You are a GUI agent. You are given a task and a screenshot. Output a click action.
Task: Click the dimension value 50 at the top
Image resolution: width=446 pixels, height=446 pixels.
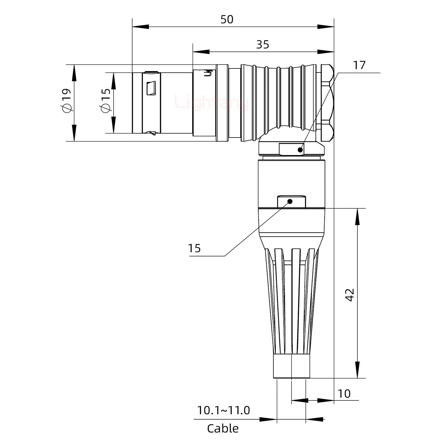(x=227, y=20)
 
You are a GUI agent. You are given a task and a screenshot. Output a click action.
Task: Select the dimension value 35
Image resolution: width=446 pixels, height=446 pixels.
(x=263, y=45)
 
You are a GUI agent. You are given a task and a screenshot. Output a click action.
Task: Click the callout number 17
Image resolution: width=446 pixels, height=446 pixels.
(x=359, y=65)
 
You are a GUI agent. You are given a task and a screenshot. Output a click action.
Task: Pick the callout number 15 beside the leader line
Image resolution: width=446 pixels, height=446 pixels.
(x=195, y=248)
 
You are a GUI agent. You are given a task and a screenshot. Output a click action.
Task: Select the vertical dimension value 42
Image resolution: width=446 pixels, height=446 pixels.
(x=350, y=295)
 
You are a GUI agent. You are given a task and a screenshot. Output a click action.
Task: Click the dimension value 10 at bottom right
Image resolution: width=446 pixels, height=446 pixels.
(x=344, y=394)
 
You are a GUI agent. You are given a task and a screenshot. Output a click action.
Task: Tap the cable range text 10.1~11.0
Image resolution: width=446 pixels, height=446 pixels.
(x=223, y=410)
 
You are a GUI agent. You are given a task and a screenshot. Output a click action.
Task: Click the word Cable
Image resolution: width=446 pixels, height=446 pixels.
(x=223, y=429)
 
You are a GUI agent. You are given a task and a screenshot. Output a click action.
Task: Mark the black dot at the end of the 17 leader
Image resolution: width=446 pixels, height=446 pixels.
(x=300, y=150)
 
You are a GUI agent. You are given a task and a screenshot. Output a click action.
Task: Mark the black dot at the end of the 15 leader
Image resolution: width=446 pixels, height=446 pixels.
(x=290, y=202)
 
